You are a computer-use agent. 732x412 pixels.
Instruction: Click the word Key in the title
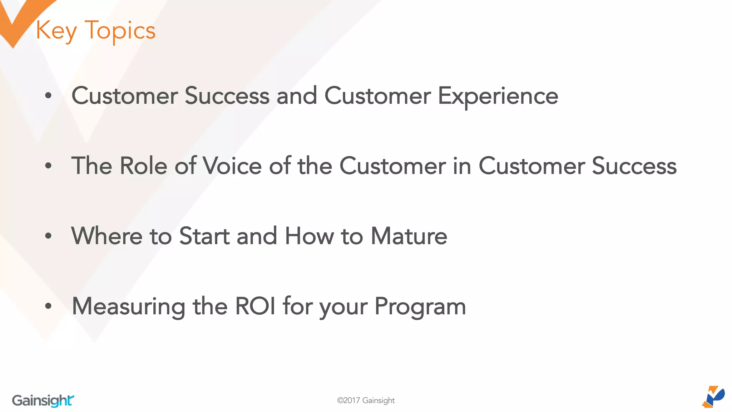coord(56,31)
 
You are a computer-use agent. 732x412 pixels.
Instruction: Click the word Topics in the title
coord(120,31)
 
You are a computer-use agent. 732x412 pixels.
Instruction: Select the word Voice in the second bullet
coord(232,166)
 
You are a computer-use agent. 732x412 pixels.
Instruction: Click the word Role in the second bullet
coord(143,166)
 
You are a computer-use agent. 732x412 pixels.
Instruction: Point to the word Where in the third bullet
coord(107,236)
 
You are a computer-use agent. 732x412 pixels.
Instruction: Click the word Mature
coord(409,236)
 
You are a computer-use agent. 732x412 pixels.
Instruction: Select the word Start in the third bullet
coord(204,236)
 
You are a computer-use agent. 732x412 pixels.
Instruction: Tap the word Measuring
coord(128,306)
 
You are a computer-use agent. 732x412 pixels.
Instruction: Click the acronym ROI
coord(255,306)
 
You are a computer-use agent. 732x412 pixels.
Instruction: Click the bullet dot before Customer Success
coord(48,96)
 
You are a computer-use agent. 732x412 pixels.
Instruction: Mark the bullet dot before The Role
coord(48,166)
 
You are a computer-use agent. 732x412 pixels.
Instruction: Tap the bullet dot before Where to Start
coord(48,236)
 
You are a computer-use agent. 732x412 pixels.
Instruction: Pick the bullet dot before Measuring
coord(48,306)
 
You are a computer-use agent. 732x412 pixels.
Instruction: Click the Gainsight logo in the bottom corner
coord(43,401)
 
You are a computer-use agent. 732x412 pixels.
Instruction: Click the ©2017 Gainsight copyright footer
coord(366,401)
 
